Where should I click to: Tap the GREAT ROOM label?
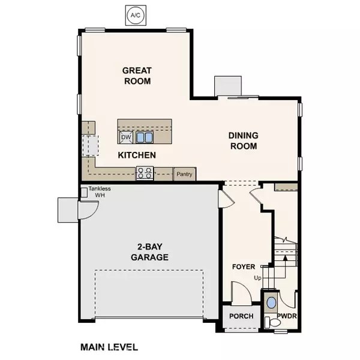pos(136,76)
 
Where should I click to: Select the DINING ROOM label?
pos(242,141)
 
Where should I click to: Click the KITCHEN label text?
pos(137,155)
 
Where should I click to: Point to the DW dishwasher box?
pos(126,137)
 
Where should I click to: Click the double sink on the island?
pos(144,137)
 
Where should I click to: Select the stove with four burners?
pos(145,173)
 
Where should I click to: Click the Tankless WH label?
pos(100,191)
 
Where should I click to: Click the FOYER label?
pos(244,266)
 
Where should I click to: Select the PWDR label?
pos(287,316)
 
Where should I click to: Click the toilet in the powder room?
pos(274,322)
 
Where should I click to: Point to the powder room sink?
pos(271,302)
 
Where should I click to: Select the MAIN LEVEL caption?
pos(109,347)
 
